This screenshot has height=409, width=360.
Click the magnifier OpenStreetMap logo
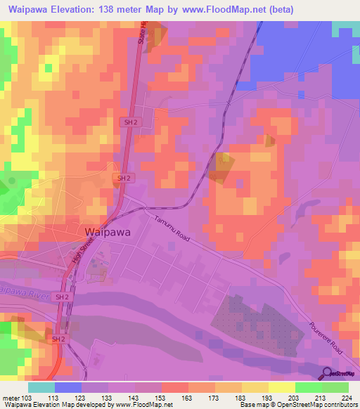tap(328, 373)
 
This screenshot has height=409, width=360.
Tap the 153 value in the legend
tap(162, 398)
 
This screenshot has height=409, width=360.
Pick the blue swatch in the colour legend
tap(68, 387)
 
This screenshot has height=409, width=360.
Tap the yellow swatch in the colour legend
tap(281, 387)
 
